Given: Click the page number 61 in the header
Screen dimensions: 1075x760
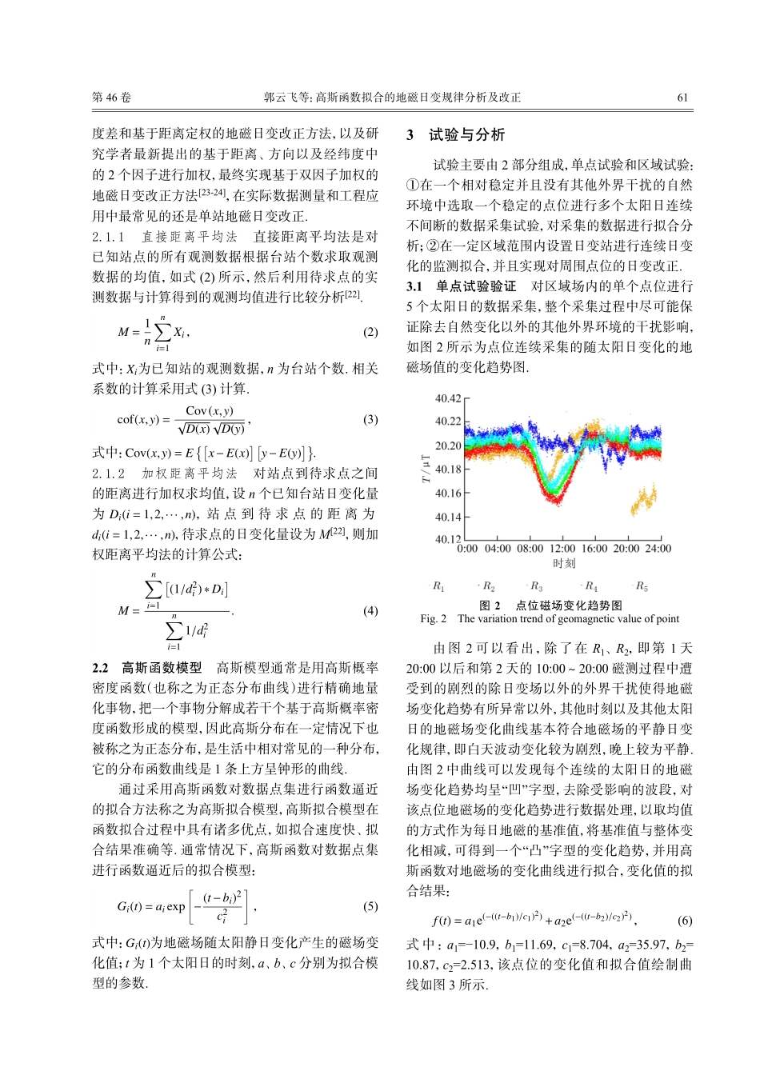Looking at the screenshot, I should click(682, 98).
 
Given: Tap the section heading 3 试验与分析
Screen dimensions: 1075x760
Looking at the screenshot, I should click(456, 135).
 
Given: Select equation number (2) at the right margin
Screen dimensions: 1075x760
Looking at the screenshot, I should click(370, 332).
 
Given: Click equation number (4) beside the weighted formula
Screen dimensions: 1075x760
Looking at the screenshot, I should click(370, 610).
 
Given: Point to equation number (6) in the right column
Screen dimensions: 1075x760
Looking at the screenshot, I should click(685, 920).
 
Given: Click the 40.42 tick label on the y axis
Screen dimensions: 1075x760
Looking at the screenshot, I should click(448, 398).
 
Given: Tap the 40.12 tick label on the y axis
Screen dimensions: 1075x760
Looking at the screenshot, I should click(448, 540).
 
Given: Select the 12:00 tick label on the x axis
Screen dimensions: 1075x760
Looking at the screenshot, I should click(562, 549).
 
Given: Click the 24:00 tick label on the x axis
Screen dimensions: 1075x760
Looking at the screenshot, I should click(658, 549).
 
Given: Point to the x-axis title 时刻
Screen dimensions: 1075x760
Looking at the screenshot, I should click(564, 563).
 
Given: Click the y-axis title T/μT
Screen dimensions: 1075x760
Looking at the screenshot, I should click(426, 470).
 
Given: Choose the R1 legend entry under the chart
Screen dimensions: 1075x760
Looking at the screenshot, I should click(438, 587).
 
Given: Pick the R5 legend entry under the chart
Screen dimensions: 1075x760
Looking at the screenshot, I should click(642, 587).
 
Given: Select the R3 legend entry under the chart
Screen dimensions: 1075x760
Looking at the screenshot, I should click(536, 587).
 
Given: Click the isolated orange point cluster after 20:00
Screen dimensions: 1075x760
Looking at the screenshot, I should click(644, 501).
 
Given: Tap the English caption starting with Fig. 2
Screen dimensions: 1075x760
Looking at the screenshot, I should click(550, 618).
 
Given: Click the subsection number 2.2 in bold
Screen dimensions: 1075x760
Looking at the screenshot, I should click(100, 667).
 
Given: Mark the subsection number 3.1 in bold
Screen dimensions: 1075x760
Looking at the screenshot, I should click(414, 286).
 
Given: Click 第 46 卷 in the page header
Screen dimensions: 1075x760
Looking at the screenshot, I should click(111, 98).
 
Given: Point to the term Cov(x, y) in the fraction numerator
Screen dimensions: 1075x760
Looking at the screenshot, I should click(210, 411).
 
